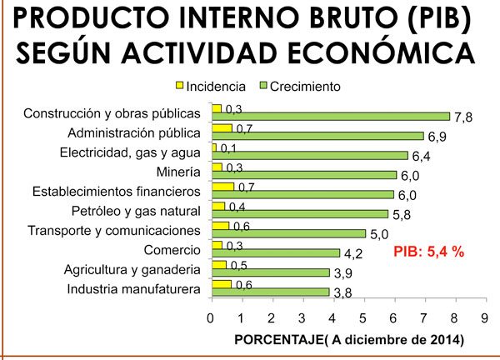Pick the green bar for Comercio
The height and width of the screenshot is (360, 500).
(276, 252)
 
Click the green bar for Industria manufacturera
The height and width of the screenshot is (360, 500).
(270, 292)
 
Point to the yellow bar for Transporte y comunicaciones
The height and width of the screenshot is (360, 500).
(220, 225)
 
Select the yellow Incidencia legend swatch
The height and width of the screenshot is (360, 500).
(178, 86)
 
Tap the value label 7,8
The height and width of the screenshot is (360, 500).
(463, 117)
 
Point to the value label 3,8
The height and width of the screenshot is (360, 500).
(342, 292)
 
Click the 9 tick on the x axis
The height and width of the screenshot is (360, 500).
(485, 318)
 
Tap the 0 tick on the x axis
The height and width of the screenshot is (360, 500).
(210, 318)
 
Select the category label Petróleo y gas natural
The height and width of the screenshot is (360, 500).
(132, 211)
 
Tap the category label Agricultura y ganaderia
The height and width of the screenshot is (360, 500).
(132, 270)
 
